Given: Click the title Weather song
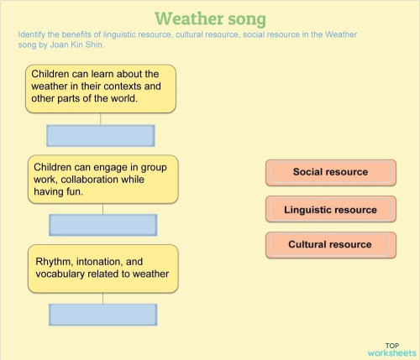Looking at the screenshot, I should [210, 18].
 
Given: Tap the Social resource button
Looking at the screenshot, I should [330, 172].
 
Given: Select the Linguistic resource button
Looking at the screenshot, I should [330, 210].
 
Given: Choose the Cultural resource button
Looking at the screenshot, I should [330, 245].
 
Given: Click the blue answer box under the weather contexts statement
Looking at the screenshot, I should [101, 136].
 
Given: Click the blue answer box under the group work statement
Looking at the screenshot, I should [102, 225].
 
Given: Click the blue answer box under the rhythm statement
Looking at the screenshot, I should [102, 315].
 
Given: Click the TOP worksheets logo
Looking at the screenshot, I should [392, 349].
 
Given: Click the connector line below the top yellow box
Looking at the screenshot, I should [101, 119].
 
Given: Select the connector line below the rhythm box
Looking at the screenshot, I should [102, 298].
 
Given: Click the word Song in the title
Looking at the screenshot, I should [244, 18].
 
